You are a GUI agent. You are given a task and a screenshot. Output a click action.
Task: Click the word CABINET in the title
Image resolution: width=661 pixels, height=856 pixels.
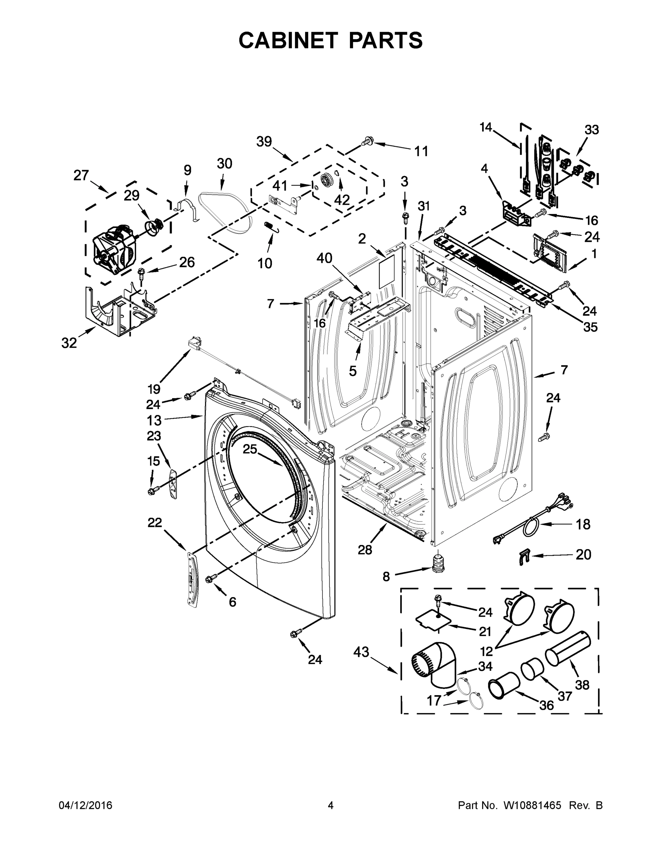[x=288, y=40]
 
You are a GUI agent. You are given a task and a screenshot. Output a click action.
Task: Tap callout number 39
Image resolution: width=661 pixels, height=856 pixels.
[x=264, y=142]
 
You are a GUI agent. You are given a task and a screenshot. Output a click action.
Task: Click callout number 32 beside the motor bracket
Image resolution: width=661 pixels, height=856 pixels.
[x=69, y=343]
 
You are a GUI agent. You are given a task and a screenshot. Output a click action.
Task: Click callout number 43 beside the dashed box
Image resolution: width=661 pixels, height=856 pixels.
[x=361, y=652]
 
